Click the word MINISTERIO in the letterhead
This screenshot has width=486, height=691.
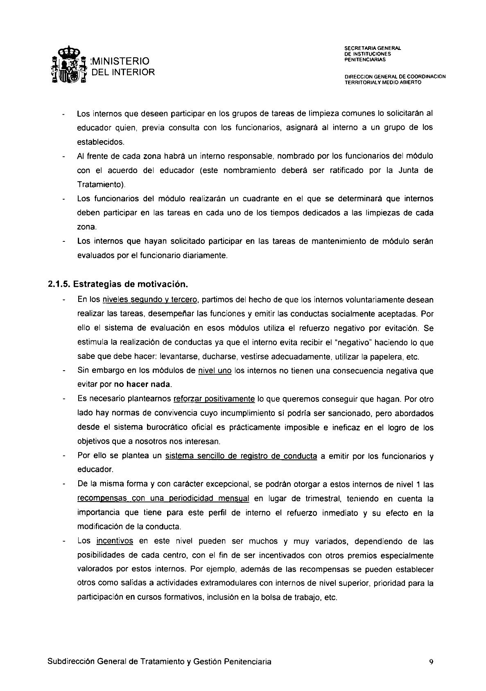[x=120, y=61]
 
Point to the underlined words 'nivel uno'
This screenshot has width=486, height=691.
[x=215, y=371]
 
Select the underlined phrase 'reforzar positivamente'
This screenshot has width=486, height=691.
[x=214, y=399]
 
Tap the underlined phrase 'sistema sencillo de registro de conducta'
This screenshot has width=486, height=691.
[x=241, y=456]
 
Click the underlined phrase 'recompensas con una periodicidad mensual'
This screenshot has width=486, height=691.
[x=163, y=499]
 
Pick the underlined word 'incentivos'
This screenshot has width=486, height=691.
[x=115, y=541]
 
